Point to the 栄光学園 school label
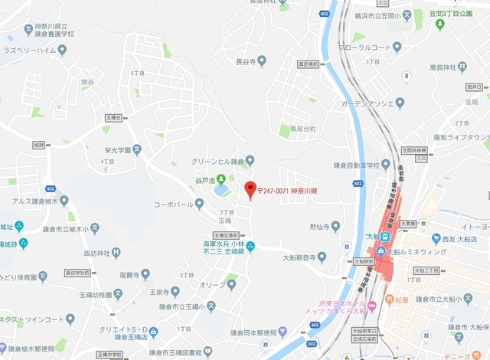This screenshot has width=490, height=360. click(118, 150)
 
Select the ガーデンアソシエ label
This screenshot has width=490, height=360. click(368, 103)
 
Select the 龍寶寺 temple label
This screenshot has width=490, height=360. click(129, 274)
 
